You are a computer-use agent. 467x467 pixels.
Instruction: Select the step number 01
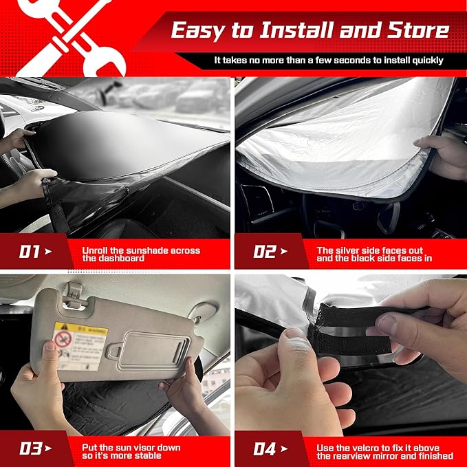[x=29, y=252]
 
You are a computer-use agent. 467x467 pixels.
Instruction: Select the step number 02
[x=264, y=252]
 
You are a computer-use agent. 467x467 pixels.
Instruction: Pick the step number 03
[x=30, y=449]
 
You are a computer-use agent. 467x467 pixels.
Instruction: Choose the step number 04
[x=265, y=449]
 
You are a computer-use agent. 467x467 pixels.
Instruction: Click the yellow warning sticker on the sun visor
[x=81, y=344]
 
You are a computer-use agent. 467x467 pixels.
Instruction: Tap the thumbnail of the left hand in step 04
[x=296, y=335]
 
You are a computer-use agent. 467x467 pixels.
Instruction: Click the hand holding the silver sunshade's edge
[x=443, y=155]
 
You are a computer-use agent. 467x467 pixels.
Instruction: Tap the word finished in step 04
[x=433, y=456]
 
